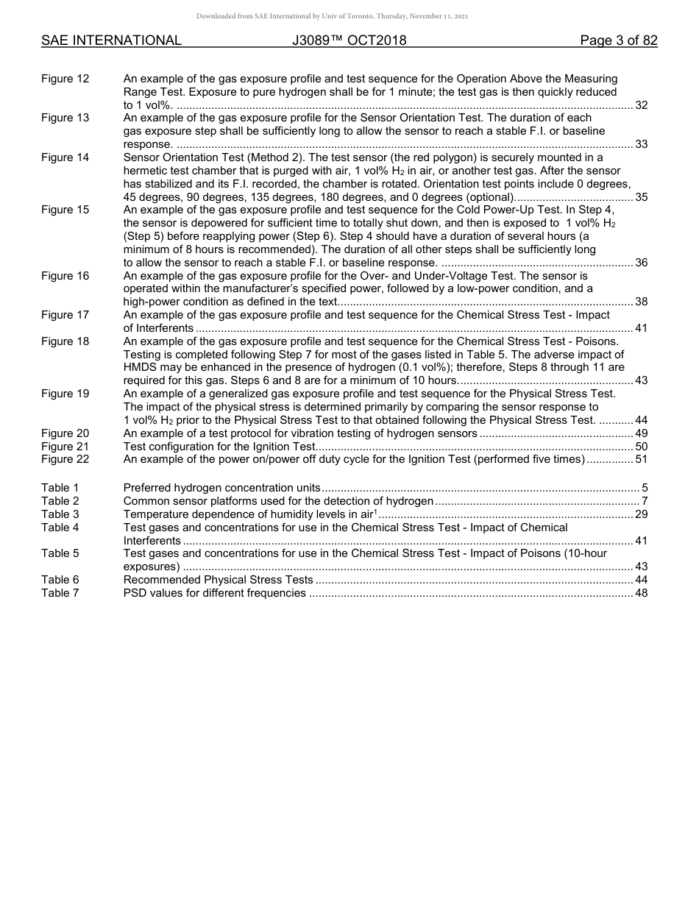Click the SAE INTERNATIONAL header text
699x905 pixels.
click(111, 40)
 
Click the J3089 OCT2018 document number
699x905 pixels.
click(349, 40)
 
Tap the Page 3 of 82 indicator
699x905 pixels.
click(618, 40)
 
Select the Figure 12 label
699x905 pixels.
click(65, 79)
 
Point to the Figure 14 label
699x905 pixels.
click(65, 157)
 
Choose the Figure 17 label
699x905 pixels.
click(65, 315)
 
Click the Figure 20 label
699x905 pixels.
click(65, 433)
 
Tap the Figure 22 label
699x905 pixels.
click(65, 459)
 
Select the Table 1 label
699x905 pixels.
click(60, 488)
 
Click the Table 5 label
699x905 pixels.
click(60, 553)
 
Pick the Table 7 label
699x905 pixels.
click(60, 593)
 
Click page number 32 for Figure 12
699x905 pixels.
click(641, 105)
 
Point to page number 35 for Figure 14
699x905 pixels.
click(641, 197)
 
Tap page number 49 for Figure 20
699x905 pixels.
click(641, 433)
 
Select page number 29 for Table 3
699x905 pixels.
click(641, 514)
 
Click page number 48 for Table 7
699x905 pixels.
click(641, 593)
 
